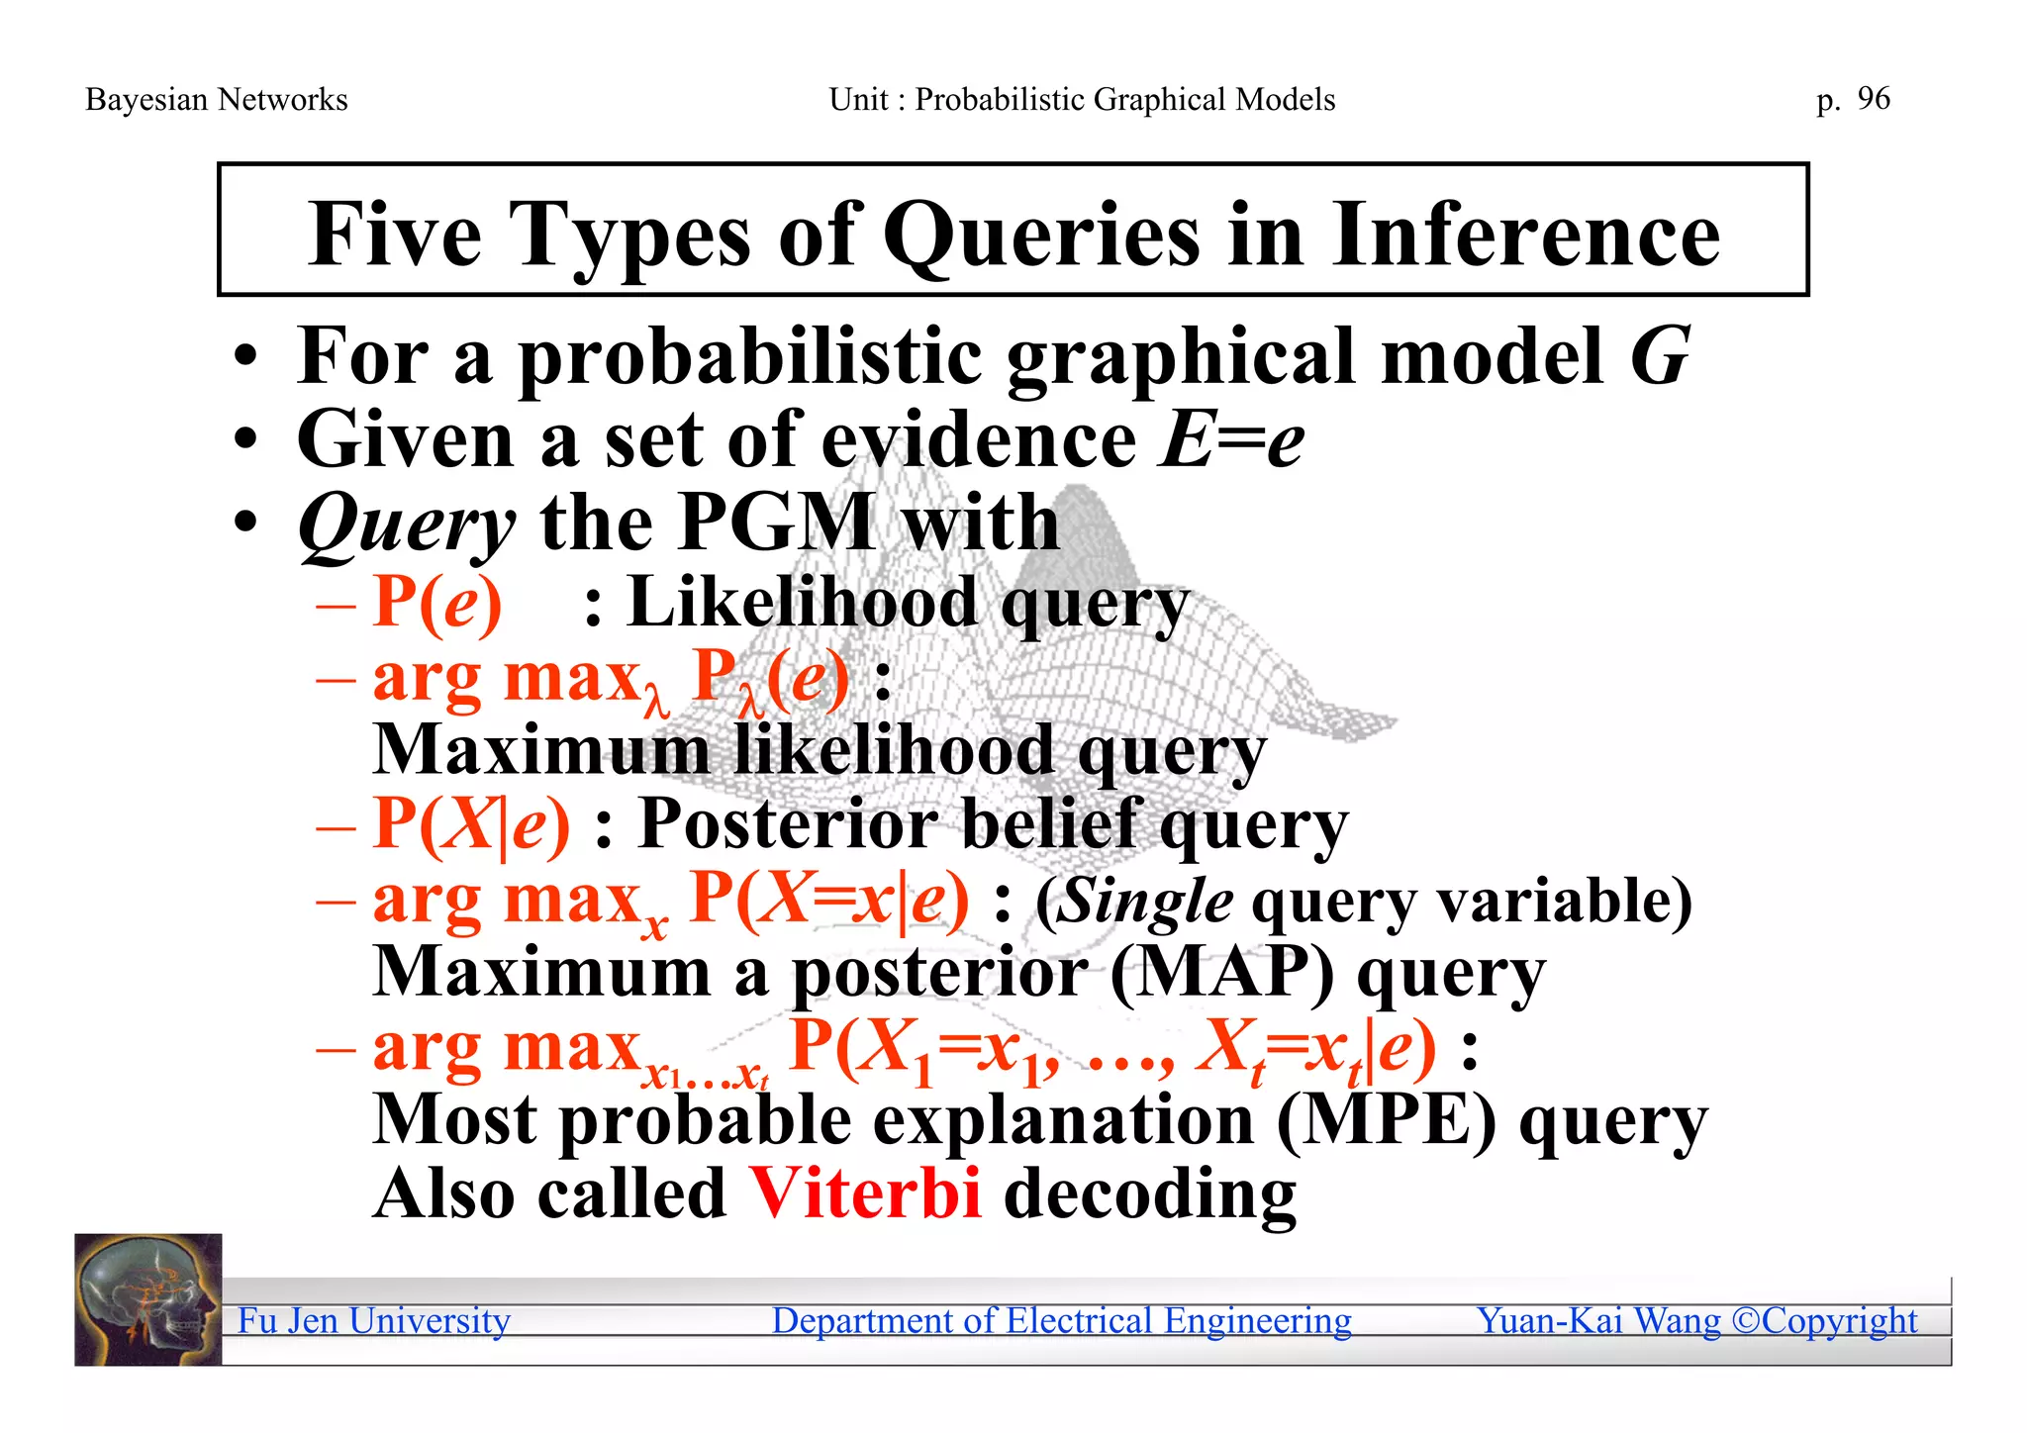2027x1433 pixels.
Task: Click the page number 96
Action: (1874, 99)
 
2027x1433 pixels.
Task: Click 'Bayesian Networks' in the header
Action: (217, 100)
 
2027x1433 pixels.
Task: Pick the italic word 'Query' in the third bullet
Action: (406, 525)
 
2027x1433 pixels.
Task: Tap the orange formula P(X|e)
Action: (472, 823)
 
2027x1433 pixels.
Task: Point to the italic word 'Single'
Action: (1146, 902)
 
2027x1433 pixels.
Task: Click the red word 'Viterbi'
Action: (865, 1194)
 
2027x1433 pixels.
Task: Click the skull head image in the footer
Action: (148, 1299)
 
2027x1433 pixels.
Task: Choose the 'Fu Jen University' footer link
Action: (374, 1321)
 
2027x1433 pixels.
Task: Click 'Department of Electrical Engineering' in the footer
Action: (1061, 1321)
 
